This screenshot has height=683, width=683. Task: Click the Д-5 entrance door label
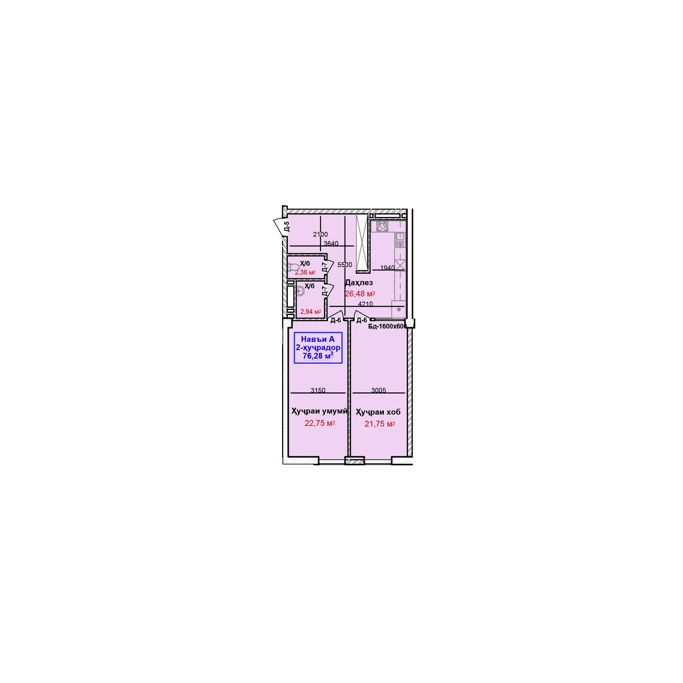(x=287, y=226)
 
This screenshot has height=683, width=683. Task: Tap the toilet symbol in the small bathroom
(x=293, y=267)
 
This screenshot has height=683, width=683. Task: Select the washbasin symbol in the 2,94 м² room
(x=300, y=291)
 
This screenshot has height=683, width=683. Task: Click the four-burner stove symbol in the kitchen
(x=382, y=226)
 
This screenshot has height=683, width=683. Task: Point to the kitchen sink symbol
(x=400, y=240)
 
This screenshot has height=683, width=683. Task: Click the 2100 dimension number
(x=320, y=234)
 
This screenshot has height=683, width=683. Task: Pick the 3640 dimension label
(x=331, y=244)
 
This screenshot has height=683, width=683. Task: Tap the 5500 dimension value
(x=345, y=265)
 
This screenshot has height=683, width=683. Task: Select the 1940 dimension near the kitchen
(x=387, y=268)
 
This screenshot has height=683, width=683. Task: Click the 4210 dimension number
(x=365, y=304)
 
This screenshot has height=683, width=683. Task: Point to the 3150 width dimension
(x=318, y=390)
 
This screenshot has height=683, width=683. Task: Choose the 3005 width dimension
(x=378, y=390)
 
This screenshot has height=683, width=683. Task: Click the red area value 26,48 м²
(x=360, y=294)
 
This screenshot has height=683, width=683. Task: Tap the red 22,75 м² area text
(x=320, y=423)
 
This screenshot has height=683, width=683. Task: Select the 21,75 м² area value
(x=380, y=424)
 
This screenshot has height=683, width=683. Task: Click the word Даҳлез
(x=359, y=283)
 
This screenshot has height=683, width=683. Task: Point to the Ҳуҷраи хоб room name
(x=378, y=412)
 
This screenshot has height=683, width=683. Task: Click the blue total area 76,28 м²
(x=318, y=356)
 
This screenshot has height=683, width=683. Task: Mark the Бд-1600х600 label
(x=387, y=326)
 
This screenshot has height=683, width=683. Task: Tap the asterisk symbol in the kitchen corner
(x=399, y=309)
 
